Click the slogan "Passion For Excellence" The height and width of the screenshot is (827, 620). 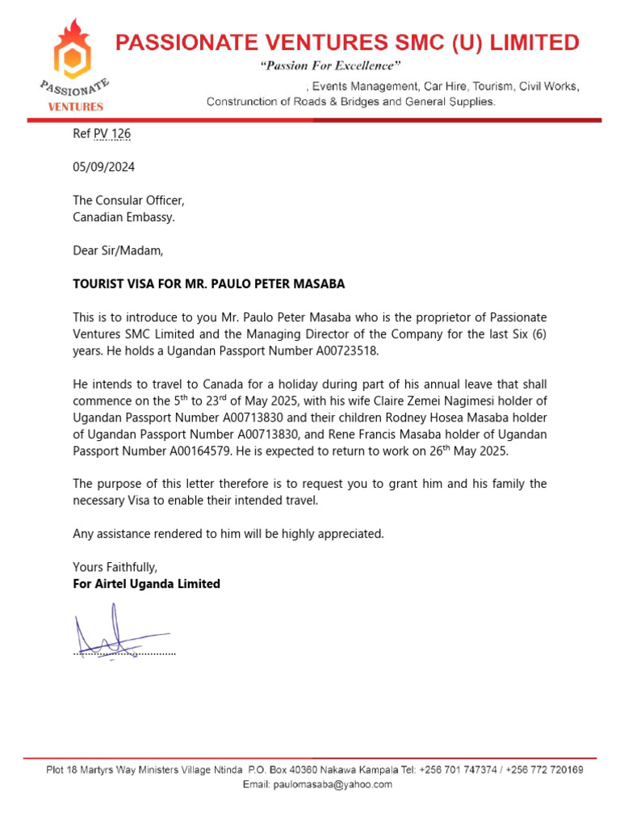point(329,65)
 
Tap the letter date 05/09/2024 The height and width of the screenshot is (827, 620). point(103,167)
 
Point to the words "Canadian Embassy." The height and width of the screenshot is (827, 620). point(124,217)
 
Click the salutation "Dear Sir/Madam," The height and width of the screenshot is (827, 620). point(118,250)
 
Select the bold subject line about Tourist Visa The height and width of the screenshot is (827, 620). point(209,284)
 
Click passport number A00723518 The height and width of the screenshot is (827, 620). point(337,351)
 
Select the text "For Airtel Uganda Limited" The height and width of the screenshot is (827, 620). point(146,584)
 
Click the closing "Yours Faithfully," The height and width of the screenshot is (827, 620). point(115,567)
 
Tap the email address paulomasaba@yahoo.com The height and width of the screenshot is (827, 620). point(333,784)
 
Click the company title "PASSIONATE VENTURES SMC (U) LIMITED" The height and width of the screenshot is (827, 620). point(347,42)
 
